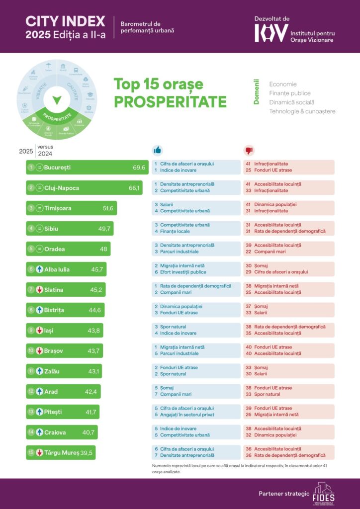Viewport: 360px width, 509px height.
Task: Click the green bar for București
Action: tap(87, 168)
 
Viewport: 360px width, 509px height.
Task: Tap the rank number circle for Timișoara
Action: tap(31, 208)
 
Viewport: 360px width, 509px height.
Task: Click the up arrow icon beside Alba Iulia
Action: tap(40, 269)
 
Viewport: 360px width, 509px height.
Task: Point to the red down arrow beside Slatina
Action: tap(40, 290)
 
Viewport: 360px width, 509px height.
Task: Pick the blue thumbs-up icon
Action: tap(158, 150)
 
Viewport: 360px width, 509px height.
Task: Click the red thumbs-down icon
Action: tap(249, 150)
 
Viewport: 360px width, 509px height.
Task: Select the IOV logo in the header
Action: tap(271, 33)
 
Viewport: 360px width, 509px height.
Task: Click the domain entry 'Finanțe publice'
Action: tap(290, 93)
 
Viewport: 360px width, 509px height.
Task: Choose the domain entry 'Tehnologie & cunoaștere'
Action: tap(302, 111)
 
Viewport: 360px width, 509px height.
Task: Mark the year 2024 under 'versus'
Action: tap(45, 154)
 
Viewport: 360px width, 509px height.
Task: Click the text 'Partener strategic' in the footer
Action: tap(284, 494)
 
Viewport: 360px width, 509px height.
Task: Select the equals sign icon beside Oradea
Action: tap(40, 249)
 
